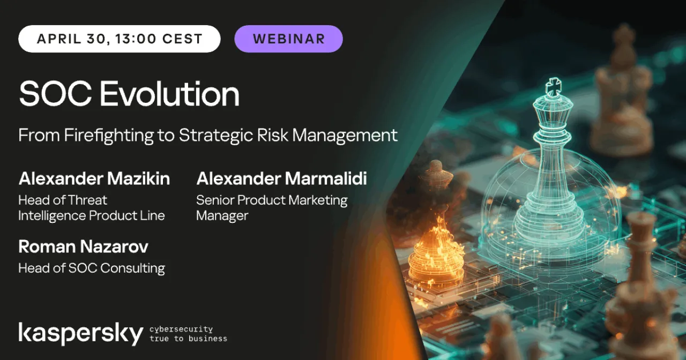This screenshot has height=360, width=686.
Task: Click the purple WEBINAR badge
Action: pos(288,39)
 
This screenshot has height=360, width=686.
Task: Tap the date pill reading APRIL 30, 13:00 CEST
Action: pos(120,39)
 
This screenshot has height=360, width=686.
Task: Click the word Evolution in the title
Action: pos(169,93)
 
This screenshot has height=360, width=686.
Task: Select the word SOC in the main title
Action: pos(55,93)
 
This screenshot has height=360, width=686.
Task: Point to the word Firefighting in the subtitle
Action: pos(109,136)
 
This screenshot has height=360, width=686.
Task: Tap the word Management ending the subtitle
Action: pos(345,136)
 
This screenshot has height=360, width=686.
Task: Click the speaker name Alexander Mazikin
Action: pos(94,178)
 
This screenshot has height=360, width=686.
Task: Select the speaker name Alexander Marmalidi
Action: pos(281,178)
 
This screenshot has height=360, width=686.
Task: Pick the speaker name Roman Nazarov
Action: pos(83,246)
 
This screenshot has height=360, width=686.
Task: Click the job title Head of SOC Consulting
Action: pos(92,268)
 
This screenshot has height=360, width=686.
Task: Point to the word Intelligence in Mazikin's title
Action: pos(52,216)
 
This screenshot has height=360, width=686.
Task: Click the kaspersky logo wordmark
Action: pos(81,334)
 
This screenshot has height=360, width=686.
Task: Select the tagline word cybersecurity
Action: pos(181,329)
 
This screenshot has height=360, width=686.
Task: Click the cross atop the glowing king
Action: pos(554,87)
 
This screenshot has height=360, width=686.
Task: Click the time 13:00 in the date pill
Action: pos(136,39)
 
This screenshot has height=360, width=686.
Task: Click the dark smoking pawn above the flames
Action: pos(436,184)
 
